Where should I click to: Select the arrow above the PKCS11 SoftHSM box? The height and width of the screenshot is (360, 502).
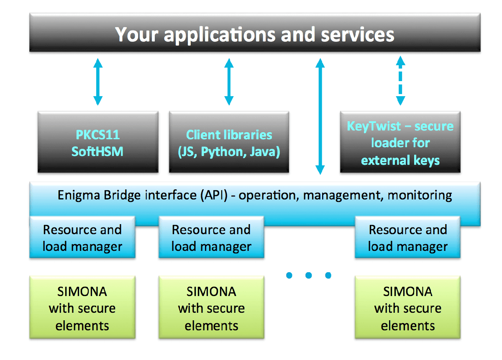pyautogui.click(x=97, y=82)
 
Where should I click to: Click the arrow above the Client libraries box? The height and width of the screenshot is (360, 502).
pyautogui.click(x=228, y=82)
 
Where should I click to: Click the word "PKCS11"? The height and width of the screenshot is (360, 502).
pyautogui.click(x=97, y=135)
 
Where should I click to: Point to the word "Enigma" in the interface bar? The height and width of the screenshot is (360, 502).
pyautogui.click(x=78, y=195)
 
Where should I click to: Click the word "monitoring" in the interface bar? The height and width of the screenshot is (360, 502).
pyautogui.click(x=420, y=195)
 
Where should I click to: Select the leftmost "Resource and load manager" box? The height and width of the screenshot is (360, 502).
pyautogui.click(x=82, y=237)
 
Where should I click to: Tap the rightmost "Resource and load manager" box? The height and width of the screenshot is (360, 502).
pyautogui.click(x=407, y=237)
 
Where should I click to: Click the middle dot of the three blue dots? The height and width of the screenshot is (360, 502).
pyautogui.click(x=309, y=275)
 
